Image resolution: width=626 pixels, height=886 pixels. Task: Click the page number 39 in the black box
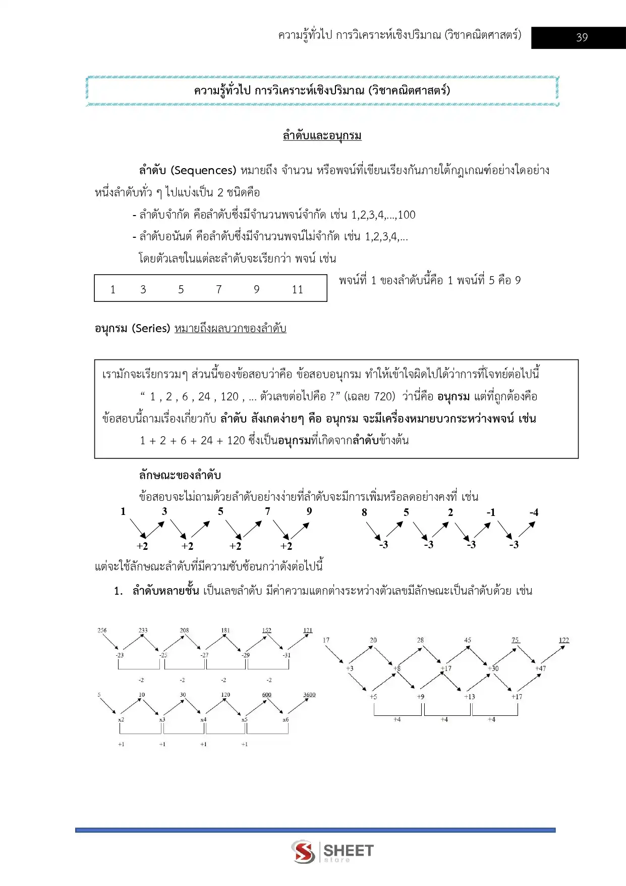pos(582,37)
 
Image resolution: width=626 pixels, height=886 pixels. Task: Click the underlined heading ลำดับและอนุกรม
pos(322,136)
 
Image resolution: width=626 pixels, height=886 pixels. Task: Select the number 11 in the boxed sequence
pos(297,290)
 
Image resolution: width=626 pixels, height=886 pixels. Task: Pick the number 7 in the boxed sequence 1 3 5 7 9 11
pos(218,290)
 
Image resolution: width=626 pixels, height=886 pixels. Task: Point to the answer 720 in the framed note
pos(384,397)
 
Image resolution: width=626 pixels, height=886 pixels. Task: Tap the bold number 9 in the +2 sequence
pos(309,511)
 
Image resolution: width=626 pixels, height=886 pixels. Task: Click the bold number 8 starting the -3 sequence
pos(364,512)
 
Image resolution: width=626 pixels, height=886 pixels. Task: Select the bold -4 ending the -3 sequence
pos(534,512)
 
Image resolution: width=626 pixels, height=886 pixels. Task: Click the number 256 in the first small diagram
pos(102,631)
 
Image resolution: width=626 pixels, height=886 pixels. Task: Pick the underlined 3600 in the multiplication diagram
pos(309,695)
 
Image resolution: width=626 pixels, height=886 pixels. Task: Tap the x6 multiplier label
pos(286,719)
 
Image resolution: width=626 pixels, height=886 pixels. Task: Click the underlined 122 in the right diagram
pos(563,640)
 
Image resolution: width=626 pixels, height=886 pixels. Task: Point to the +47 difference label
pos(540,668)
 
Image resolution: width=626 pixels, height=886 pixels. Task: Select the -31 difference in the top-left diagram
pos(286,655)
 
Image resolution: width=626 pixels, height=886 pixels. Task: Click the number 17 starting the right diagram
pos(326,640)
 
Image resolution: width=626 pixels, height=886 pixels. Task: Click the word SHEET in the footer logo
pos(348,850)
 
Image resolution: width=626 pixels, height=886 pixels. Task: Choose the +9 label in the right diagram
pos(420,697)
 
